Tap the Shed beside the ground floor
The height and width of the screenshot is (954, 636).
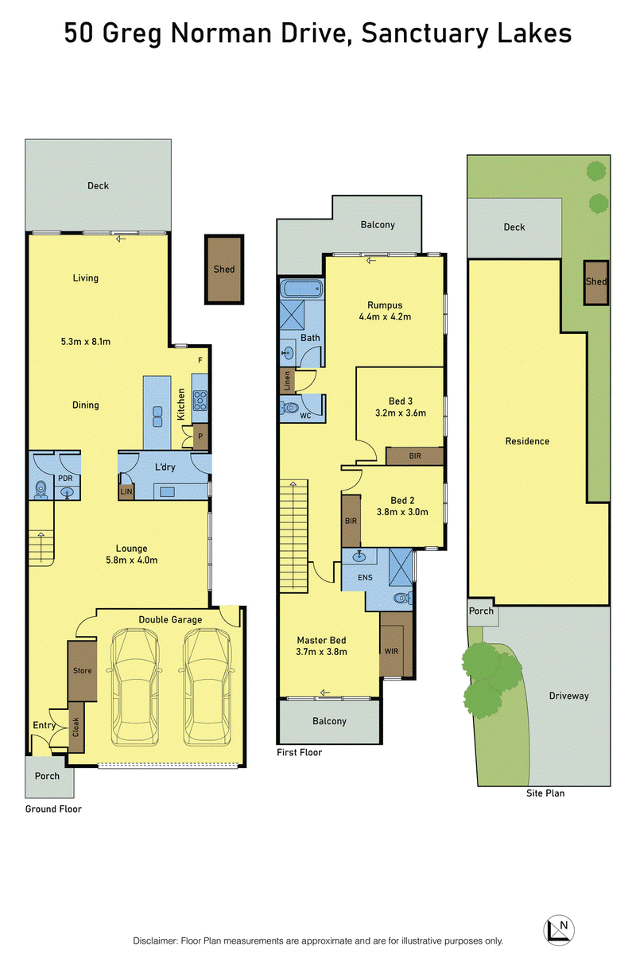tap(224, 270)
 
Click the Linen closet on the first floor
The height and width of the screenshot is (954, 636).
tap(287, 380)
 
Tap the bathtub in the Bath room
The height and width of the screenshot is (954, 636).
tap(301, 289)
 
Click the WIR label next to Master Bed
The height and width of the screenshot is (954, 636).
tap(391, 651)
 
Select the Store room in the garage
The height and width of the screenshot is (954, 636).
tap(82, 671)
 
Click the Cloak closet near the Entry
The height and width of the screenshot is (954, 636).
tap(76, 727)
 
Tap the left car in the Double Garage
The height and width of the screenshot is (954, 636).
tap(134, 687)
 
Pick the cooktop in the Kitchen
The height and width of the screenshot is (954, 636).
tap(200, 401)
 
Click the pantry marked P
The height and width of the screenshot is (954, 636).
tap(200, 436)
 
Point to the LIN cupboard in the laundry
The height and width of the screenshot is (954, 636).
tap(126, 491)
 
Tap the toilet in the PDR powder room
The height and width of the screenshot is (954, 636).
tap(41, 490)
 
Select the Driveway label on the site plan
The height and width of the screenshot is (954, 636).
tap(568, 696)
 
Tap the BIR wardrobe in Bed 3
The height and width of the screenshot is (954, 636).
tap(414, 456)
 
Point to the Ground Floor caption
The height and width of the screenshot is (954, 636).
tap(53, 809)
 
